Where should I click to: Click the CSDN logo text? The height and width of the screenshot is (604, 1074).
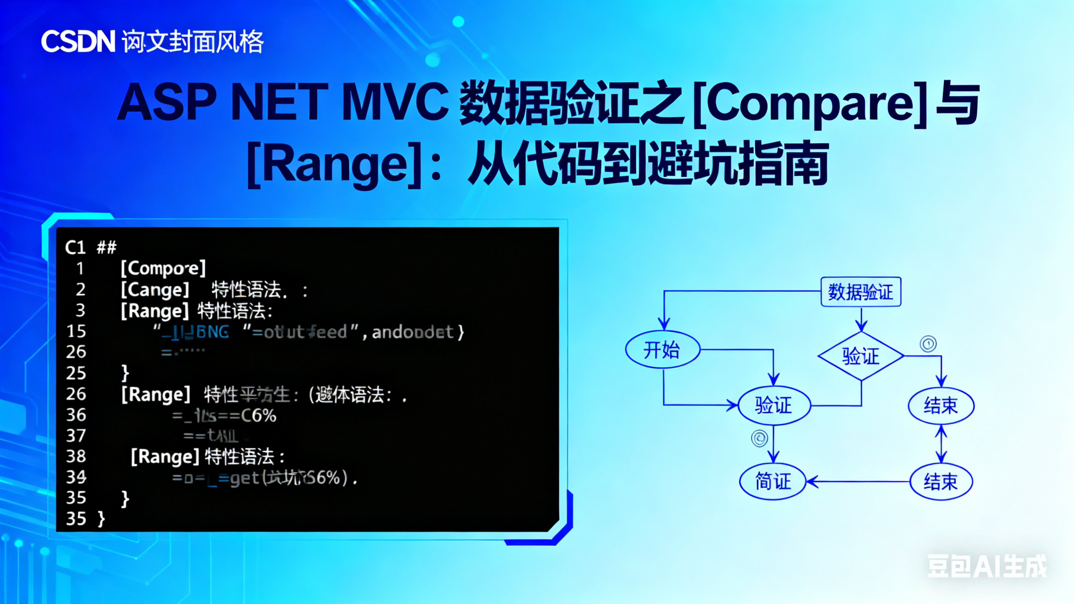tap(78, 41)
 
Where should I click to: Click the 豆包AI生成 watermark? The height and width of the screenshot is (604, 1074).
tap(986, 566)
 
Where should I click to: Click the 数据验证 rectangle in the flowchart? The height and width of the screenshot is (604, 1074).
tap(860, 292)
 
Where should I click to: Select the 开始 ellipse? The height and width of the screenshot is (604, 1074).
tap(662, 349)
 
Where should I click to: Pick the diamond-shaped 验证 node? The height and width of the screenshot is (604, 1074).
tap(860, 356)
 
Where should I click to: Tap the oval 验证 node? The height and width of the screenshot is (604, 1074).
tap(774, 405)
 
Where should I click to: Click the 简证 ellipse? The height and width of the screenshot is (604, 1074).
tap(773, 481)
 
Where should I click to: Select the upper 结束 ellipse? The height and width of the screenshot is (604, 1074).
tap(941, 405)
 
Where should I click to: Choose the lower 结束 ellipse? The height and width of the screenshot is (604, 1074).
tap(941, 481)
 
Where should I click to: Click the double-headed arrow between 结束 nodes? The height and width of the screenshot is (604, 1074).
tap(941, 444)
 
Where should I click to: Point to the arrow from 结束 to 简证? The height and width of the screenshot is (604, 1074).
tap(859, 482)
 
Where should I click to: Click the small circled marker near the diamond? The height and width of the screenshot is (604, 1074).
tap(928, 344)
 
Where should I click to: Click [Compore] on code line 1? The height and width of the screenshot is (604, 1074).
tap(163, 268)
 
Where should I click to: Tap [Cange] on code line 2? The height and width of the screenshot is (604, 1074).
tap(155, 290)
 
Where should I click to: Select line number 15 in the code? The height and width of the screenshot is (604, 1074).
tap(76, 331)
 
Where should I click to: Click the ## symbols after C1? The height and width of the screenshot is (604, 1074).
tap(107, 248)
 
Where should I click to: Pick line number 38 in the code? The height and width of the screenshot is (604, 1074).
tap(76, 456)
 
